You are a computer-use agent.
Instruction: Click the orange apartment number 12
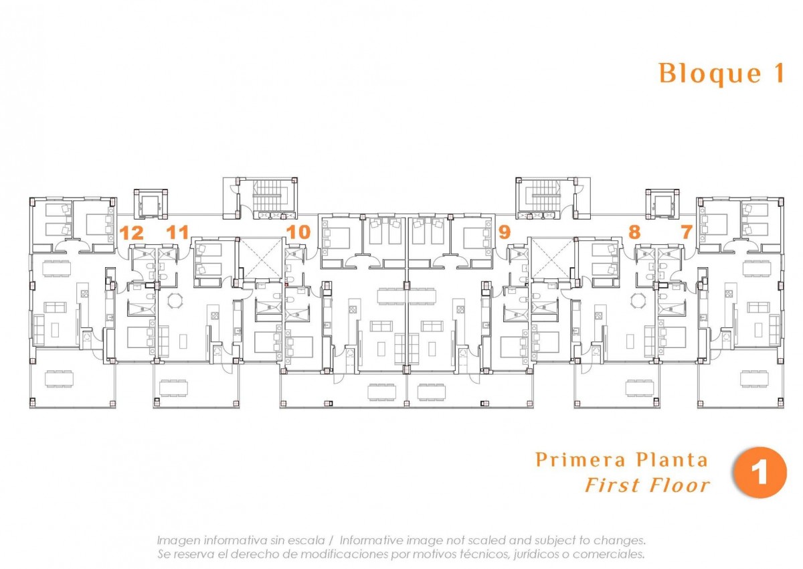coord(132,233)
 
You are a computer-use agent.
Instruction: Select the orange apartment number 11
coord(177,232)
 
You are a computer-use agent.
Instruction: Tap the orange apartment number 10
coord(298,232)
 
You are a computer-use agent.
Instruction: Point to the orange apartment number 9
coord(505,232)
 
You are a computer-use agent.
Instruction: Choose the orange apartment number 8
coord(634,232)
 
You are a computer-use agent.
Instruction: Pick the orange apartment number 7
coord(687,232)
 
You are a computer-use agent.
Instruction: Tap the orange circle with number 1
coord(760,473)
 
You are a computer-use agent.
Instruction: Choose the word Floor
coord(679,485)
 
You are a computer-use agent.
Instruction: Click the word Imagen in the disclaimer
coord(178,540)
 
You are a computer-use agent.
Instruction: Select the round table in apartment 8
coord(638,301)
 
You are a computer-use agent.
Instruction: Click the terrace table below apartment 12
coord(59,379)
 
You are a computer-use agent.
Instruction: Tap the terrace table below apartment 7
coord(754,379)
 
